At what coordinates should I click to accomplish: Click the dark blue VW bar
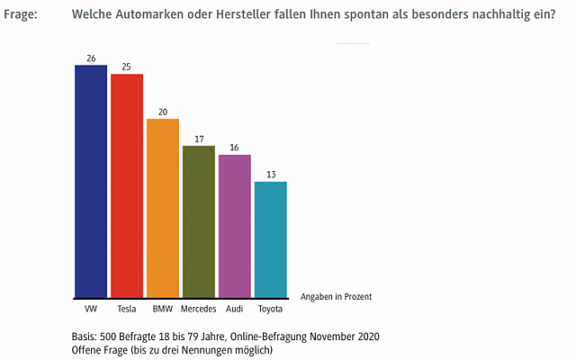91,181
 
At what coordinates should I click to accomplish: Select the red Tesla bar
127,185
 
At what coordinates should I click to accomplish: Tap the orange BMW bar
163,208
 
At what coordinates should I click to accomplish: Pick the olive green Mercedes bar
199,221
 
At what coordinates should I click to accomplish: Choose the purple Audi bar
235,226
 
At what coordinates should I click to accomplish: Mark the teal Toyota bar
271,239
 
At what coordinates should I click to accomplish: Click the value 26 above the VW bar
91,58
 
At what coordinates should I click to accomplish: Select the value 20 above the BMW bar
163,112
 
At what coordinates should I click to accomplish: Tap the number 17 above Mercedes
199,139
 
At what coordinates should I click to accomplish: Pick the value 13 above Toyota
271,175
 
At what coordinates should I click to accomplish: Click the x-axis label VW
91,309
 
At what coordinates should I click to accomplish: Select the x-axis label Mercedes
199,309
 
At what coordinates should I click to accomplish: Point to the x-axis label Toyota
271,309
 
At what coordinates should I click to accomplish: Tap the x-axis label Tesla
127,309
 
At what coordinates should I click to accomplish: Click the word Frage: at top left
20,15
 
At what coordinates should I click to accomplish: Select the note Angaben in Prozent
337,296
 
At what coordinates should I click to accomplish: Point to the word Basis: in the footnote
86,337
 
